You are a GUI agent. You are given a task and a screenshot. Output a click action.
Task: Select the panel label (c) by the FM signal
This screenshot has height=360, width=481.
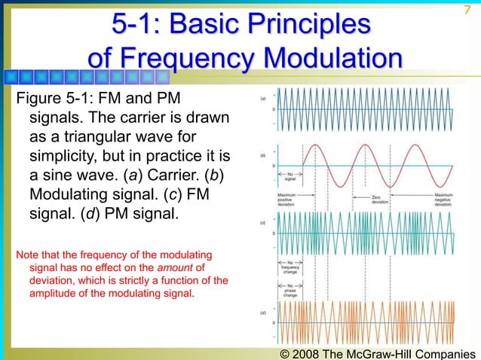click(263, 223)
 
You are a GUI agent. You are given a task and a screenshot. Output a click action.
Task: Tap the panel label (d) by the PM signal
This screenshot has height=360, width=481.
click(263, 311)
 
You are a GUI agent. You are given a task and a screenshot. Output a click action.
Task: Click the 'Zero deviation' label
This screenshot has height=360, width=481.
click(380, 199)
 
